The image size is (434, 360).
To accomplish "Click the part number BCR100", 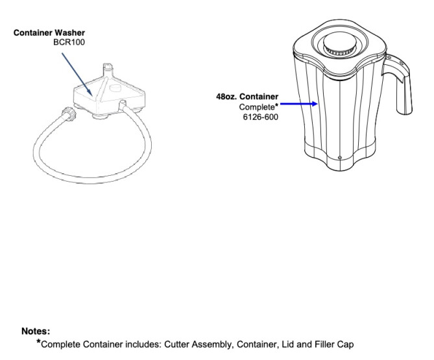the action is [x=69, y=42].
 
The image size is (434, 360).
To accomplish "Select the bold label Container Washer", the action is [x=49, y=32].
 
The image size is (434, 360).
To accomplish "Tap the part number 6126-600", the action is [x=260, y=117].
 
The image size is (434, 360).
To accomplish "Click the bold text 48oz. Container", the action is [x=247, y=97].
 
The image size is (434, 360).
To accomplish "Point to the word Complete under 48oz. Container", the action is [x=257, y=107].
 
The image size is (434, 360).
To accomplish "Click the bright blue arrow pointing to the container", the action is [x=299, y=104].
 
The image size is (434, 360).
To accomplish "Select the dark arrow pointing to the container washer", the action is [x=77, y=75].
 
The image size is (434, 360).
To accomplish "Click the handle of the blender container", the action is [x=399, y=83].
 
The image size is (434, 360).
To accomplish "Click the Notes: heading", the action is [x=36, y=331].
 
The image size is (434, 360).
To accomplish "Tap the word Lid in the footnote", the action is [x=287, y=344].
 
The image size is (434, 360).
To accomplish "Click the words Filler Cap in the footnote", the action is [x=334, y=344].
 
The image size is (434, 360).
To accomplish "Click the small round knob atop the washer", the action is [x=115, y=88].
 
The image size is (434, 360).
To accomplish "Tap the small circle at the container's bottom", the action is [x=340, y=158].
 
